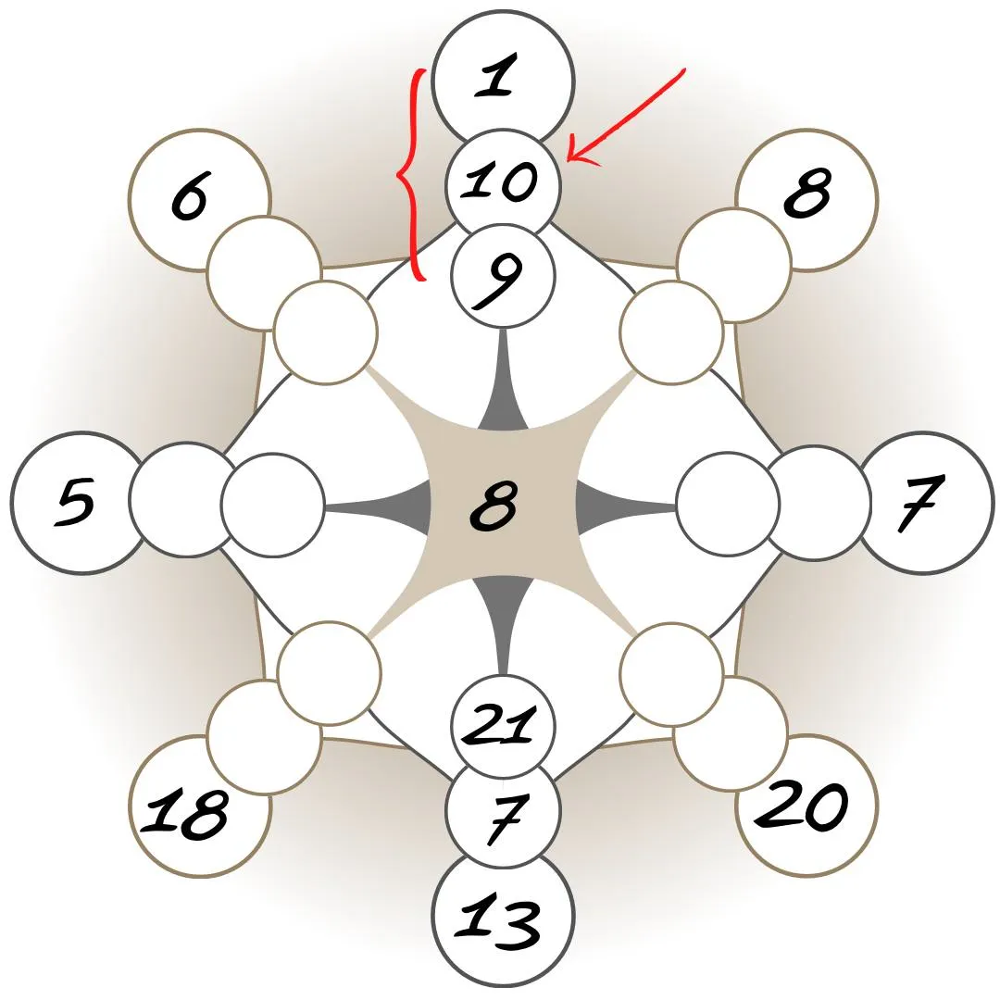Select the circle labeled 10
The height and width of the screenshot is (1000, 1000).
pos(503,181)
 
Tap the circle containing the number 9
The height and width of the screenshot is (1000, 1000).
pos(503,275)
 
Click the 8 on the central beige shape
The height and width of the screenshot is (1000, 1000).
pos(493,507)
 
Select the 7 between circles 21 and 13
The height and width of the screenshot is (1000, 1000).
pos(503,818)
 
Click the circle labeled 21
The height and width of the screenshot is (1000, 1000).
pos(503,725)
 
